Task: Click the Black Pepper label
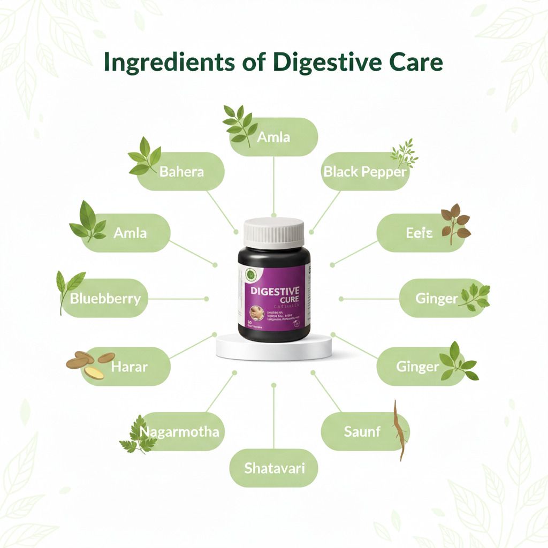coord(365,172)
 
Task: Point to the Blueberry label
coord(105,298)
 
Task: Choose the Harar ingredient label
coord(129,367)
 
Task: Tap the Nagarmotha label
coord(179,432)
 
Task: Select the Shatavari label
coord(274,468)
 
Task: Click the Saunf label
coord(362,431)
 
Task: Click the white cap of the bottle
coord(274,232)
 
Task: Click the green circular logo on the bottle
coord(249,274)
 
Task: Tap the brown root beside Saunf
coord(399,430)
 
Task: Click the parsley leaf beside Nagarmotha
coord(134,434)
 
